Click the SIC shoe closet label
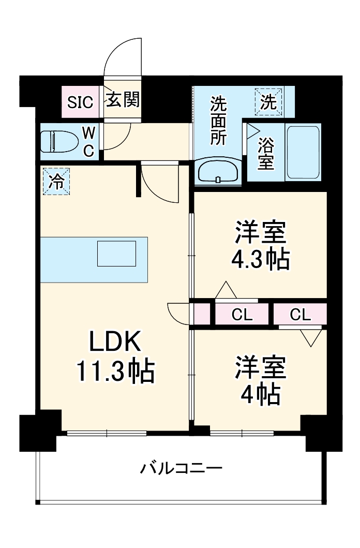[x=81, y=102]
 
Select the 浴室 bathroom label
[x=265, y=154]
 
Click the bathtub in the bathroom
[x=303, y=152]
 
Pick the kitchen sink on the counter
[x=117, y=254]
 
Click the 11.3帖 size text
[x=115, y=371]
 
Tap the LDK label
[x=115, y=342]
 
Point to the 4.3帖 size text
[x=260, y=259]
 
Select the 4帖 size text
[x=260, y=395]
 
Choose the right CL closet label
[x=300, y=314]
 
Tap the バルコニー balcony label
[x=181, y=469]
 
